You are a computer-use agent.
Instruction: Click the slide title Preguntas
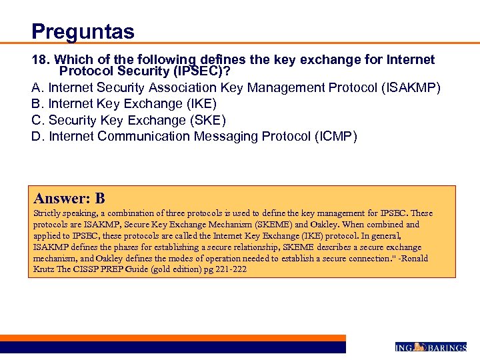pyautogui.click(x=83, y=31)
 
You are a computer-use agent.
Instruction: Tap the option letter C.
pyautogui.click(x=37, y=120)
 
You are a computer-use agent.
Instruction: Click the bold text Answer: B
pyautogui.click(x=69, y=198)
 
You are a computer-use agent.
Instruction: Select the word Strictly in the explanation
pyautogui.click(x=49, y=213)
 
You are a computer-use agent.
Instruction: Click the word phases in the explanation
pyautogui.click(x=125, y=247)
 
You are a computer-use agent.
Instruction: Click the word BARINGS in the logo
pyautogui.click(x=446, y=347)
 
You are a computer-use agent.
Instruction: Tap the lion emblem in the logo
pyautogui.click(x=419, y=347)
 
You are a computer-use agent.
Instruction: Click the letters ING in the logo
pyautogui.click(x=404, y=347)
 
